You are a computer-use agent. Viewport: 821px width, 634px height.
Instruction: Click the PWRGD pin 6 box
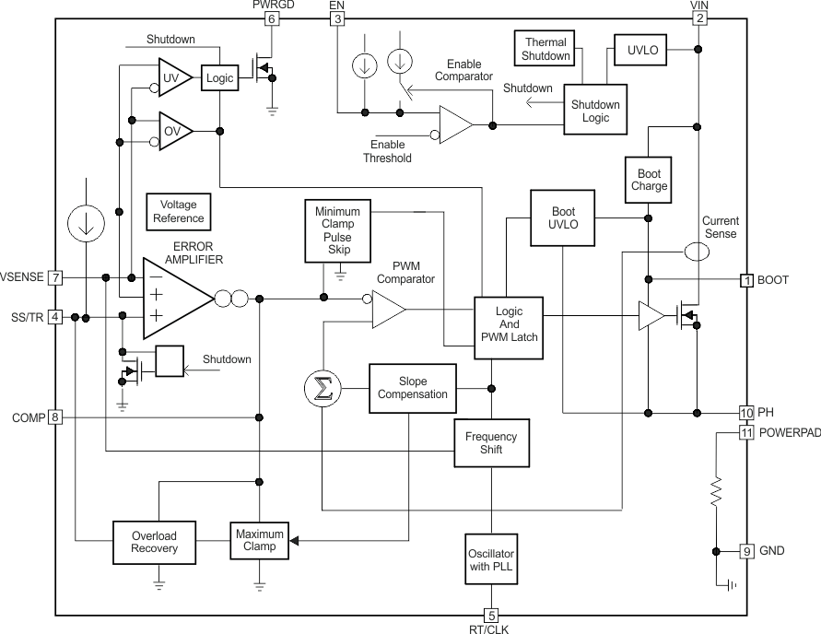pos(271,19)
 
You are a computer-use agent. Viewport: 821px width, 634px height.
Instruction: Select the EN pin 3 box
pos(337,19)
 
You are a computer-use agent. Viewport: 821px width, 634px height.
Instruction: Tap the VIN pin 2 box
pos(699,19)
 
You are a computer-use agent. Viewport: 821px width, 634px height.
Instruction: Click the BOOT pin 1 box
pos(747,280)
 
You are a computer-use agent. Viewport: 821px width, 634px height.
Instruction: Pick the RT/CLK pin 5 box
pos(491,616)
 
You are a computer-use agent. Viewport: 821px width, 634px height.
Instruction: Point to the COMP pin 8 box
pos(55,417)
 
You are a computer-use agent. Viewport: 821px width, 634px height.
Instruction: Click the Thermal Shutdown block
pos(546,50)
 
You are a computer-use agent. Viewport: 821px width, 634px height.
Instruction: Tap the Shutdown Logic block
pos(595,111)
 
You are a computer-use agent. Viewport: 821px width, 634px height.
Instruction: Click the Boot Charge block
pos(649,179)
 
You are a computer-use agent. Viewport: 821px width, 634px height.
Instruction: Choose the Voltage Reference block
pos(179,212)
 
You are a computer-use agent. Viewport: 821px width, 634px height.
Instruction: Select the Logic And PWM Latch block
pos(509,324)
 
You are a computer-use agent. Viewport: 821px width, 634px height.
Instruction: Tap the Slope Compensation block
pos(412,387)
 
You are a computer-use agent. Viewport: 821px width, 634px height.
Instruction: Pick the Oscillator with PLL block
pos(491,558)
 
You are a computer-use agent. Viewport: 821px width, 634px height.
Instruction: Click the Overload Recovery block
pos(154,543)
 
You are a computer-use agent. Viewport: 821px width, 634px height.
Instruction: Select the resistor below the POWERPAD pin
pos(715,493)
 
